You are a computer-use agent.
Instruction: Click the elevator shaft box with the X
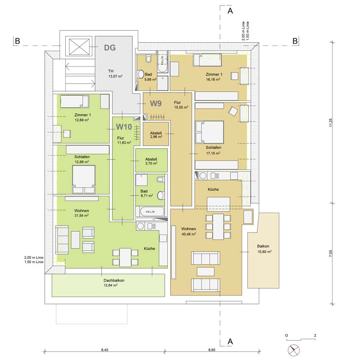point(79,46)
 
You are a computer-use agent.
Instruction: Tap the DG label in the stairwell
point(110,48)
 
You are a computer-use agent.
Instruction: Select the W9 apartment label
point(156,103)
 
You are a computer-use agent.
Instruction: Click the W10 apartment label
point(124,127)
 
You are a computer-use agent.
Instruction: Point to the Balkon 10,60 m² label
point(264,249)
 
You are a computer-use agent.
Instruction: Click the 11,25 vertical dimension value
point(331,122)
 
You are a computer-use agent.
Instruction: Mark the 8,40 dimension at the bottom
point(104,350)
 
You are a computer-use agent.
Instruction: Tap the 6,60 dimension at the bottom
point(211,350)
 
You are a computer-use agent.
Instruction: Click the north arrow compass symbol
point(294,351)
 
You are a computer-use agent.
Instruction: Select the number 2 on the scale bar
point(315,335)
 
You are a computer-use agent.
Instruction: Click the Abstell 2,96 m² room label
point(156,135)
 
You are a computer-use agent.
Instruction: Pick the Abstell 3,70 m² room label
point(151,161)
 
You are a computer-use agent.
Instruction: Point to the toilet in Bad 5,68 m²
point(148,59)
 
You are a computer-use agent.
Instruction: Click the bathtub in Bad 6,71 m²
point(152,211)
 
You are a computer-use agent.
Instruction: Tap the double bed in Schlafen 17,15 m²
point(209,132)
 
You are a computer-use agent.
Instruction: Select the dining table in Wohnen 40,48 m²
point(218,227)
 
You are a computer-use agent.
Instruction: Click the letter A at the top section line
point(230,10)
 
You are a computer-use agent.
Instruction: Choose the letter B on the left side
point(17,41)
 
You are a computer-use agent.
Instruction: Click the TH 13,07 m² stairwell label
point(115,73)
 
